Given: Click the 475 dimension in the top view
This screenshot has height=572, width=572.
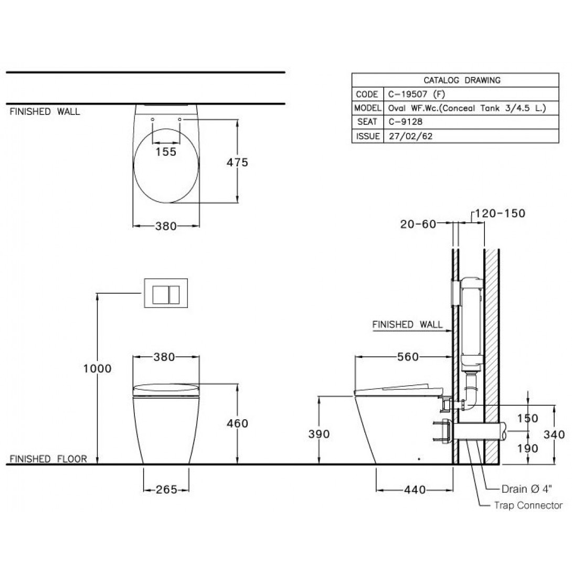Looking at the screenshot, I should point(237,162).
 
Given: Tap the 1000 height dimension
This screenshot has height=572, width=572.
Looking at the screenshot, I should point(97,368).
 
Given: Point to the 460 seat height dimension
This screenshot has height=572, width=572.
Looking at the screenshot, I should point(238,423).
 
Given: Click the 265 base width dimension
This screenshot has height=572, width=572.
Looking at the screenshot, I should point(166,490).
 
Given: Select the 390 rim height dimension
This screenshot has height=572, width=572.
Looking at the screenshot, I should point(319,434).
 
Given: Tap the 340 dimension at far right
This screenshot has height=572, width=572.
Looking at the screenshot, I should point(554,434).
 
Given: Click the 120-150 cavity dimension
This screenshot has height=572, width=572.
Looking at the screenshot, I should point(500,213).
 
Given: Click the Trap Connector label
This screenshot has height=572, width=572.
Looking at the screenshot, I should point(528,505).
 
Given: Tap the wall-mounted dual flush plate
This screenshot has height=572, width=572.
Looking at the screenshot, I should point(166,293).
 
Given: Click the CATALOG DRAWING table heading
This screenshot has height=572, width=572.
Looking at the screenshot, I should point(454,80).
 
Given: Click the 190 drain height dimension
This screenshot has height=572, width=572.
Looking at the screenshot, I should point(528,448).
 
